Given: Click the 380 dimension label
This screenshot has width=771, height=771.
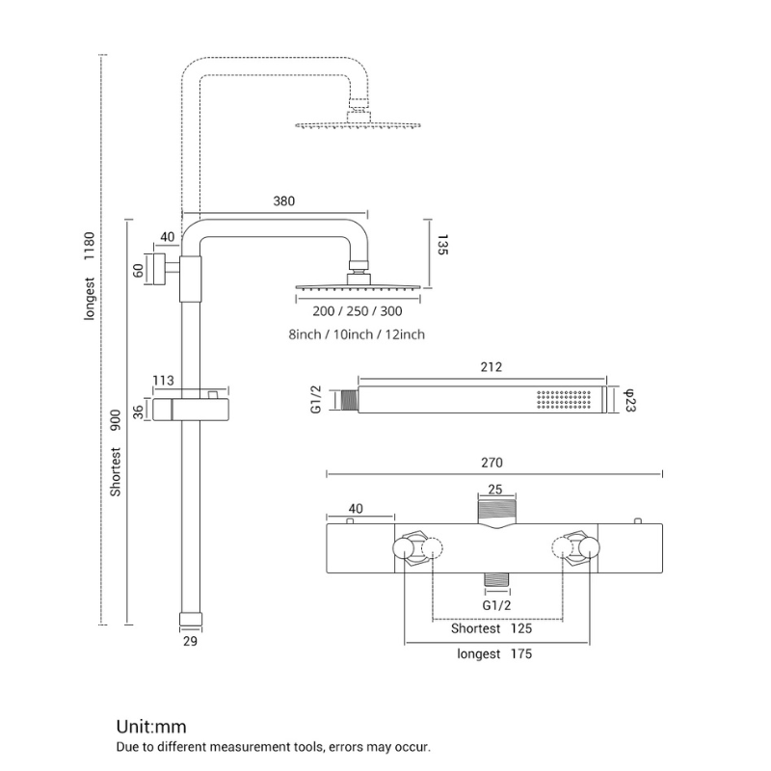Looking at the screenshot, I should [x=283, y=201].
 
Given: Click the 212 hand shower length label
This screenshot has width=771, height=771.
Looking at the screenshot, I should [x=491, y=367].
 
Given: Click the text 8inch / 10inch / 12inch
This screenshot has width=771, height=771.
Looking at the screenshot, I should [x=356, y=334].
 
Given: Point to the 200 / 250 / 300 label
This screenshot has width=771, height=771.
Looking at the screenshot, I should [x=358, y=311].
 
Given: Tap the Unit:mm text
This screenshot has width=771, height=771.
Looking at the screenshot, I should [x=151, y=727].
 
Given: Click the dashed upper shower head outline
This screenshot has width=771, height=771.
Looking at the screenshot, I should [x=359, y=124].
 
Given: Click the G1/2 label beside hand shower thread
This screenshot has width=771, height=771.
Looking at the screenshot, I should [x=316, y=399].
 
